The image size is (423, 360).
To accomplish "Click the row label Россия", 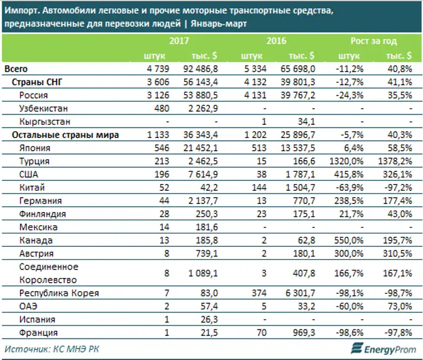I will tap(33, 95).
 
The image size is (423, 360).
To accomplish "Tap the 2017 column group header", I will tap(180, 41).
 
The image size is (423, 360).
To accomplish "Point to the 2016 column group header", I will tap(277, 41).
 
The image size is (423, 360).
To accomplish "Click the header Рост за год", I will tap(373, 41).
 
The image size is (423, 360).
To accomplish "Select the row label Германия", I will tap(40, 201).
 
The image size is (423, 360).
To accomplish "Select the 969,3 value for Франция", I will tap(305, 333).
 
